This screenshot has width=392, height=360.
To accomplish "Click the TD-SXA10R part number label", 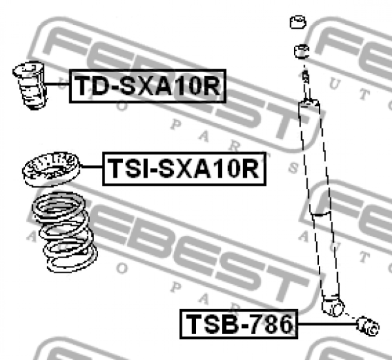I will tap(147, 86).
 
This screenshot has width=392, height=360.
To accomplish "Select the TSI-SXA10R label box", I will tap(184, 169).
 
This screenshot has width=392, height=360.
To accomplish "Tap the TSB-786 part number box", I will tap(238, 323).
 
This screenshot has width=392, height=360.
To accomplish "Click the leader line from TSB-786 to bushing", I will tap(327, 323).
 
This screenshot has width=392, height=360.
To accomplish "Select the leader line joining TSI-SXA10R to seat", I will tap(90, 171).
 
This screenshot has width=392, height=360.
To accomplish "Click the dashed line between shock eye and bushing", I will tap(350, 314).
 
